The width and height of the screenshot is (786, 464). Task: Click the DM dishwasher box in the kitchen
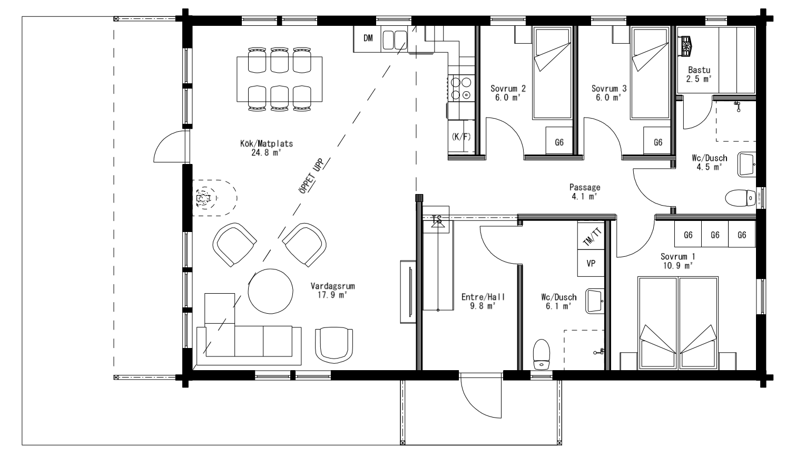[x=367, y=38]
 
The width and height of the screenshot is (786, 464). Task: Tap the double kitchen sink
[x=395, y=40]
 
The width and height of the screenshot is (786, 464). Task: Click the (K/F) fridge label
[x=461, y=137]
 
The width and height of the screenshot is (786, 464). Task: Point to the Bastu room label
[x=699, y=70]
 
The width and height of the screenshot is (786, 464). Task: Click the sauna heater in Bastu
[x=686, y=46]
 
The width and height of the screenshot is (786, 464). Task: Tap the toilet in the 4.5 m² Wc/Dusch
[x=740, y=198]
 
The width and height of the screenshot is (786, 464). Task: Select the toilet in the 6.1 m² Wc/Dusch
[x=541, y=354]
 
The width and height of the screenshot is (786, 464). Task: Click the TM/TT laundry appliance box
[x=591, y=236]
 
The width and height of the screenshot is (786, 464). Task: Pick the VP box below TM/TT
[x=591, y=263]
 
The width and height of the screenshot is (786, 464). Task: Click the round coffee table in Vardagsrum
[x=270, y=291]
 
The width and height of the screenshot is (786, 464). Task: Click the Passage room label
[x=585, y=187]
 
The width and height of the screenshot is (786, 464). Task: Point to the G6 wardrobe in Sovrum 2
[x=559, y=141]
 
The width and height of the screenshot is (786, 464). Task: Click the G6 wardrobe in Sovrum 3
[x=657, y=141]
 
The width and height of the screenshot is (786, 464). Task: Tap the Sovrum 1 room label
[x=677, y=256]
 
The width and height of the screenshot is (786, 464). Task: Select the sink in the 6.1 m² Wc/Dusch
[x=595, y=301]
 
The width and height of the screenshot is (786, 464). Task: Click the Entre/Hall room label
[x=483, y=297]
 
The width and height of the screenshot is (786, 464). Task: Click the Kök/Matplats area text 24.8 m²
[x=267, y=152]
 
